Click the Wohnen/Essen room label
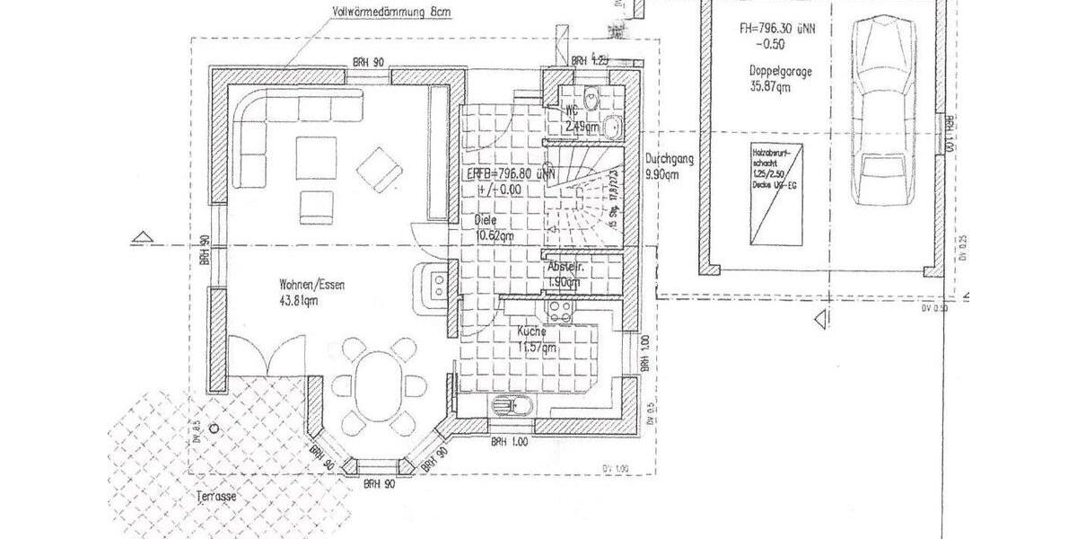pos(311,285)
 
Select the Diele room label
pos(486,221)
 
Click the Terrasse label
pos(219,496)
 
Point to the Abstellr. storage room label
pos(566,268)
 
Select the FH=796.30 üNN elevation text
pos(776,28)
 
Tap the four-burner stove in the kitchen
pos(562,313)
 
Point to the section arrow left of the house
pos(140,237)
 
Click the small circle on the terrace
pos(214,429)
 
